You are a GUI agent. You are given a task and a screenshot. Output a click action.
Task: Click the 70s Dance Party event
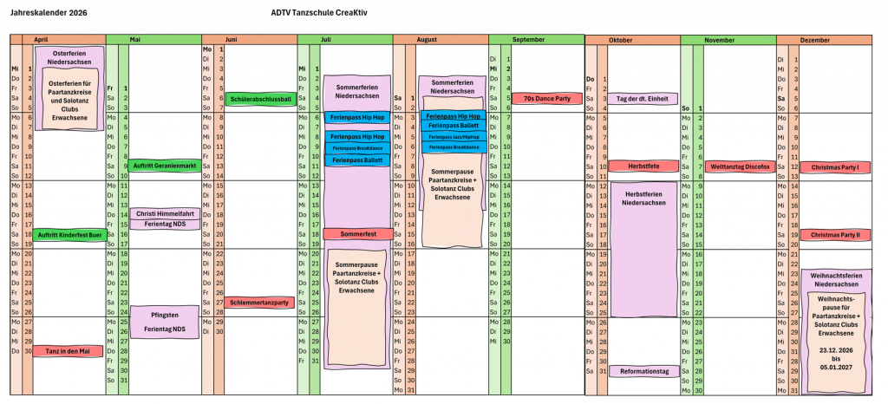(x=546, y=99)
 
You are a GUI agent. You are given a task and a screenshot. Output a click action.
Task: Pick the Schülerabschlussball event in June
(x=260, y=99)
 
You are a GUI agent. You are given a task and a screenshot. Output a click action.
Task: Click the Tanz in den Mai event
(x=69, y=351)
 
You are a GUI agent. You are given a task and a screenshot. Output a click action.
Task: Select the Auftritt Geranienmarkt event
(x=165, y=166)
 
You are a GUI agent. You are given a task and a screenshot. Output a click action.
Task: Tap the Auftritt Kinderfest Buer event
(x=70, y=235)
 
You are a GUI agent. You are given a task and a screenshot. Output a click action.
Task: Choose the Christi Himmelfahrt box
(x=165, y=213)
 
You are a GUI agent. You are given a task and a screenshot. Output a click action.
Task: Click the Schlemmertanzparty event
(x=259, y=303)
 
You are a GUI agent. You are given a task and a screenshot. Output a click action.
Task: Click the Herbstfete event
(x=642, y=166)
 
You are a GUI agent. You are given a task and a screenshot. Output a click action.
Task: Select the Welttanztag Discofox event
(x=740, y=166)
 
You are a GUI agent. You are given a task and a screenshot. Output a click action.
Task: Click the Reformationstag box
(x=642, y=371)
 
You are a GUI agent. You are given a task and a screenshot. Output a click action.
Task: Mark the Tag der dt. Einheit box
(x=642, y=99)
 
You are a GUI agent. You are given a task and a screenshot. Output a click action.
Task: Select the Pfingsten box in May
(x=165, y=315)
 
